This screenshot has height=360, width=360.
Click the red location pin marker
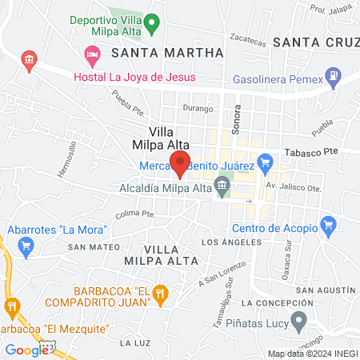pos(182,162)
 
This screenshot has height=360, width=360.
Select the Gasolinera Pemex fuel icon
pos(331,80)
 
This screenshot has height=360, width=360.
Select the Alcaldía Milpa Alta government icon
pos(223,189)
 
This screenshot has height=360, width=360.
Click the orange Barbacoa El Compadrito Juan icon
pos(160,295)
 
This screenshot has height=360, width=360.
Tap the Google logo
pos(26,350)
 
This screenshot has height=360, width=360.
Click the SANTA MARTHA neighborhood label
pos(167,53)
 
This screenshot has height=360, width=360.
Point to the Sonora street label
pos(236,123)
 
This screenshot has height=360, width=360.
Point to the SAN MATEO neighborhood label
pos(88,247)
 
